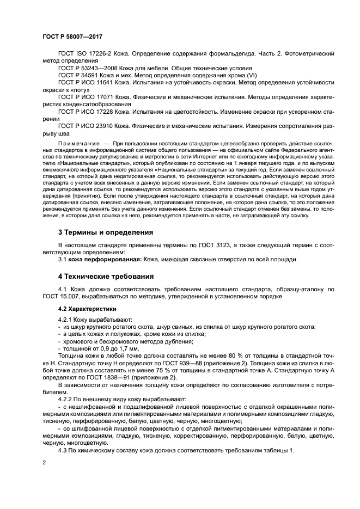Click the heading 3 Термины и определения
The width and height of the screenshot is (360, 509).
coord(105,232)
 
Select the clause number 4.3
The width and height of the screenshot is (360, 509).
coord(63,450)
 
